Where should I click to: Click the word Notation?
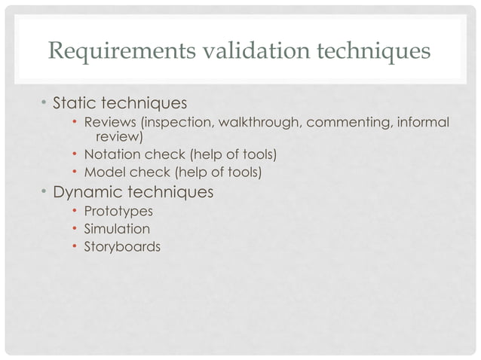[x=109, y=155]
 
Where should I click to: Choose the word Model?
[x=103, y=173]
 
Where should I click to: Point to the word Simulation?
[x=117, y=228]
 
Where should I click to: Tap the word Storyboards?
[x=122, y=246]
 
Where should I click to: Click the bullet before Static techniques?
[x=44, y=102]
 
